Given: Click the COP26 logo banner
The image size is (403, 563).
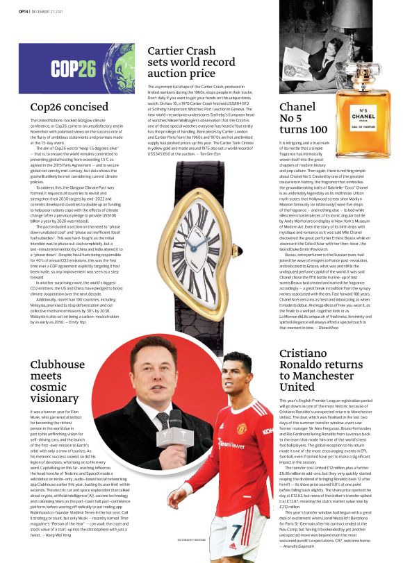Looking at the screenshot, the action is pyautogui.click(x=77, y=68).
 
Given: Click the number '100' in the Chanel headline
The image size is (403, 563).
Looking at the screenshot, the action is pyautogui.click(x=314, y=129).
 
